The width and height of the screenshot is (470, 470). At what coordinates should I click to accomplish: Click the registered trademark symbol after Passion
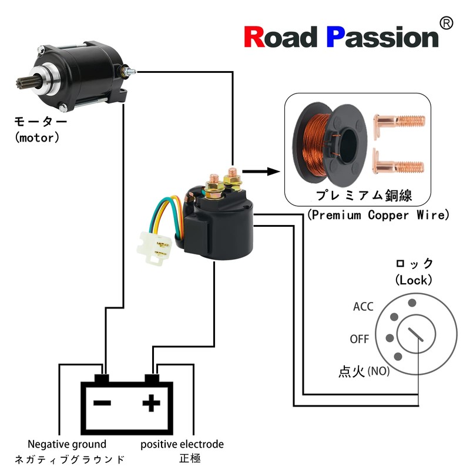pyautogui.click(x=446, y=23)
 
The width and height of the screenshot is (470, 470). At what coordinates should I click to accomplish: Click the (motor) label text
pyautogui.click(x=38, y=139)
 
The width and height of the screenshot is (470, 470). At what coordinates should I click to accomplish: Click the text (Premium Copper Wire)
pyautogui.click(x=378, y=215)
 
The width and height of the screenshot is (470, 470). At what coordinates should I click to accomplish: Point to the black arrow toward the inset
pyautogui.click(x=259, y=172)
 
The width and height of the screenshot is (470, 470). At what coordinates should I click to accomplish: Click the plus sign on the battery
pyautogui.click(x=152, y=403)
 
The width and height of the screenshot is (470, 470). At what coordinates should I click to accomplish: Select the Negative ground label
pyautogui.click(x=67, y=444)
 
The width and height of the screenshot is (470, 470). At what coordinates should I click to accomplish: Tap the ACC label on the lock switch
pyautogui.click(x=363, y=307)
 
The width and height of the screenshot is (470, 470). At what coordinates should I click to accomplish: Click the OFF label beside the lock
pyautogui.click(x=360, y=339)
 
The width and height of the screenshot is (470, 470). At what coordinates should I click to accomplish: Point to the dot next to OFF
pyautogui.click(x=388, y=338)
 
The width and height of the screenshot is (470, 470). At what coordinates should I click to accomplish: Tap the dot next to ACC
pyautogui.click(x=412, y=302)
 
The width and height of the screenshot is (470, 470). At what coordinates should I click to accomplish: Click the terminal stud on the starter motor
pyautogui.click(x=129, y=71)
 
